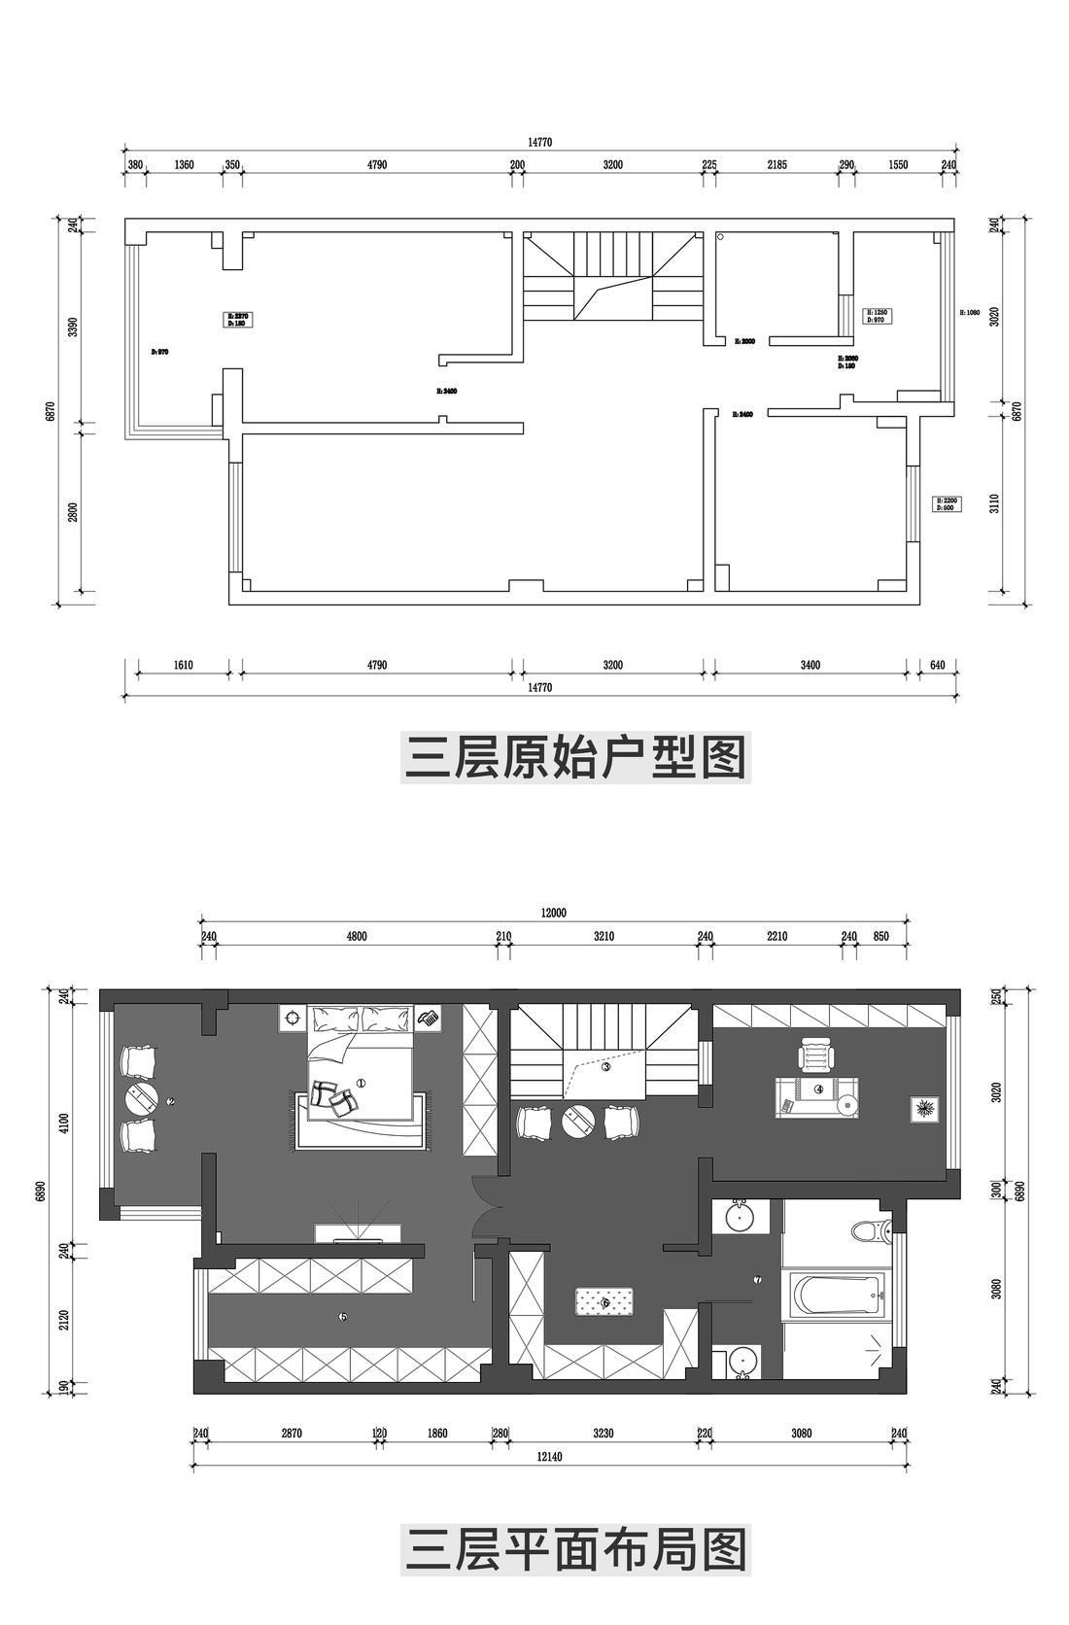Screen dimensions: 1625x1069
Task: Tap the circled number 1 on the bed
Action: [x=361, y=1083]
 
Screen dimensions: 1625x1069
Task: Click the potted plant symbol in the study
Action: [x=923, y=1108]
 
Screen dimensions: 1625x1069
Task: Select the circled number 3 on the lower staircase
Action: [x=605, y=1066]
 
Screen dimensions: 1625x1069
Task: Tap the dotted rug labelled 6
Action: [x=605, y=1301]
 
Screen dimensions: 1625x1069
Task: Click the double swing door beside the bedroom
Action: [x=484, y=1208]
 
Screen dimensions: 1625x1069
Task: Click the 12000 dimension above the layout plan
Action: [x=554, y=913]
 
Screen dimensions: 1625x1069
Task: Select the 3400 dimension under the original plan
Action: [x=810, y=666]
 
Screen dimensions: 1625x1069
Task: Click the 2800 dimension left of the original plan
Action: [x=72, y=512]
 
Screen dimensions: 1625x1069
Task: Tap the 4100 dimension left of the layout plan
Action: [x=64, y=1124]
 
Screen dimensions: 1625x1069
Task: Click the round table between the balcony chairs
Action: [x=142, y=1099]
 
